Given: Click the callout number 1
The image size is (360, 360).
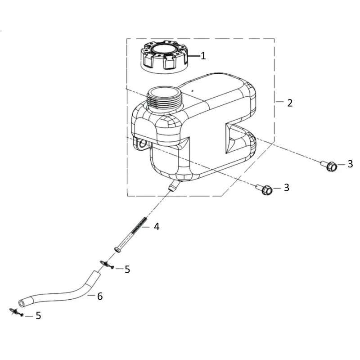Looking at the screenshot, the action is click(203, 56).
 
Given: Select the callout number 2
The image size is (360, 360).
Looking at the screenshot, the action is click(290, 103).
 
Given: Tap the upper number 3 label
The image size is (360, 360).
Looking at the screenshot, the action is click(350, 164).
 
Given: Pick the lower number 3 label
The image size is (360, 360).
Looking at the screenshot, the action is click(287, 188).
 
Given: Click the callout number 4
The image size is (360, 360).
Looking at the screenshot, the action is click(157, 226).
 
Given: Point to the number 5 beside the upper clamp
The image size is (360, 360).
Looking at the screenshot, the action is click(127, 269).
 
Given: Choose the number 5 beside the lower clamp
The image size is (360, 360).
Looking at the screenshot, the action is click(38, 316).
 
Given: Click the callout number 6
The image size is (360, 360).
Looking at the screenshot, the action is click(100, 297).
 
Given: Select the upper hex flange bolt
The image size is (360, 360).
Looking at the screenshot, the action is click(329, 166).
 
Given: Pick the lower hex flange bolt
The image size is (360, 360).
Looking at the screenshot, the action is click(265, 189).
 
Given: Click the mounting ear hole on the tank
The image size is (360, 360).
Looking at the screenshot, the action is click(143, 144).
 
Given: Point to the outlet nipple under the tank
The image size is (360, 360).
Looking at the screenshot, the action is click(174, 185).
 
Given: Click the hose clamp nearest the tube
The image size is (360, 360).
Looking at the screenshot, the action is click(107, 264).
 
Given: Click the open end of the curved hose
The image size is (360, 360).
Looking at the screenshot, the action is click(22, 303).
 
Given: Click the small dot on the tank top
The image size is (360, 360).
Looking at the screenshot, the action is click(193, 90).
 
